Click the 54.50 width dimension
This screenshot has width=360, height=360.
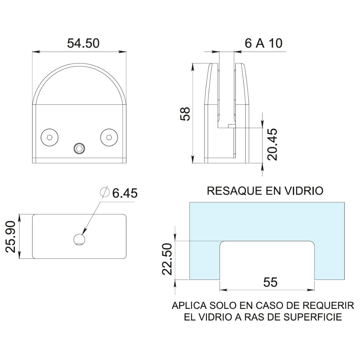(83, 43)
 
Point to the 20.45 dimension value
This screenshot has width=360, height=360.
(273, 144)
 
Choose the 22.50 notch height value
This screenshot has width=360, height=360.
(166, 258)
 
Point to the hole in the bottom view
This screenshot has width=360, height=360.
(79, 239)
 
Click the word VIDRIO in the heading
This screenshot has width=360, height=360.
(305, 190)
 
